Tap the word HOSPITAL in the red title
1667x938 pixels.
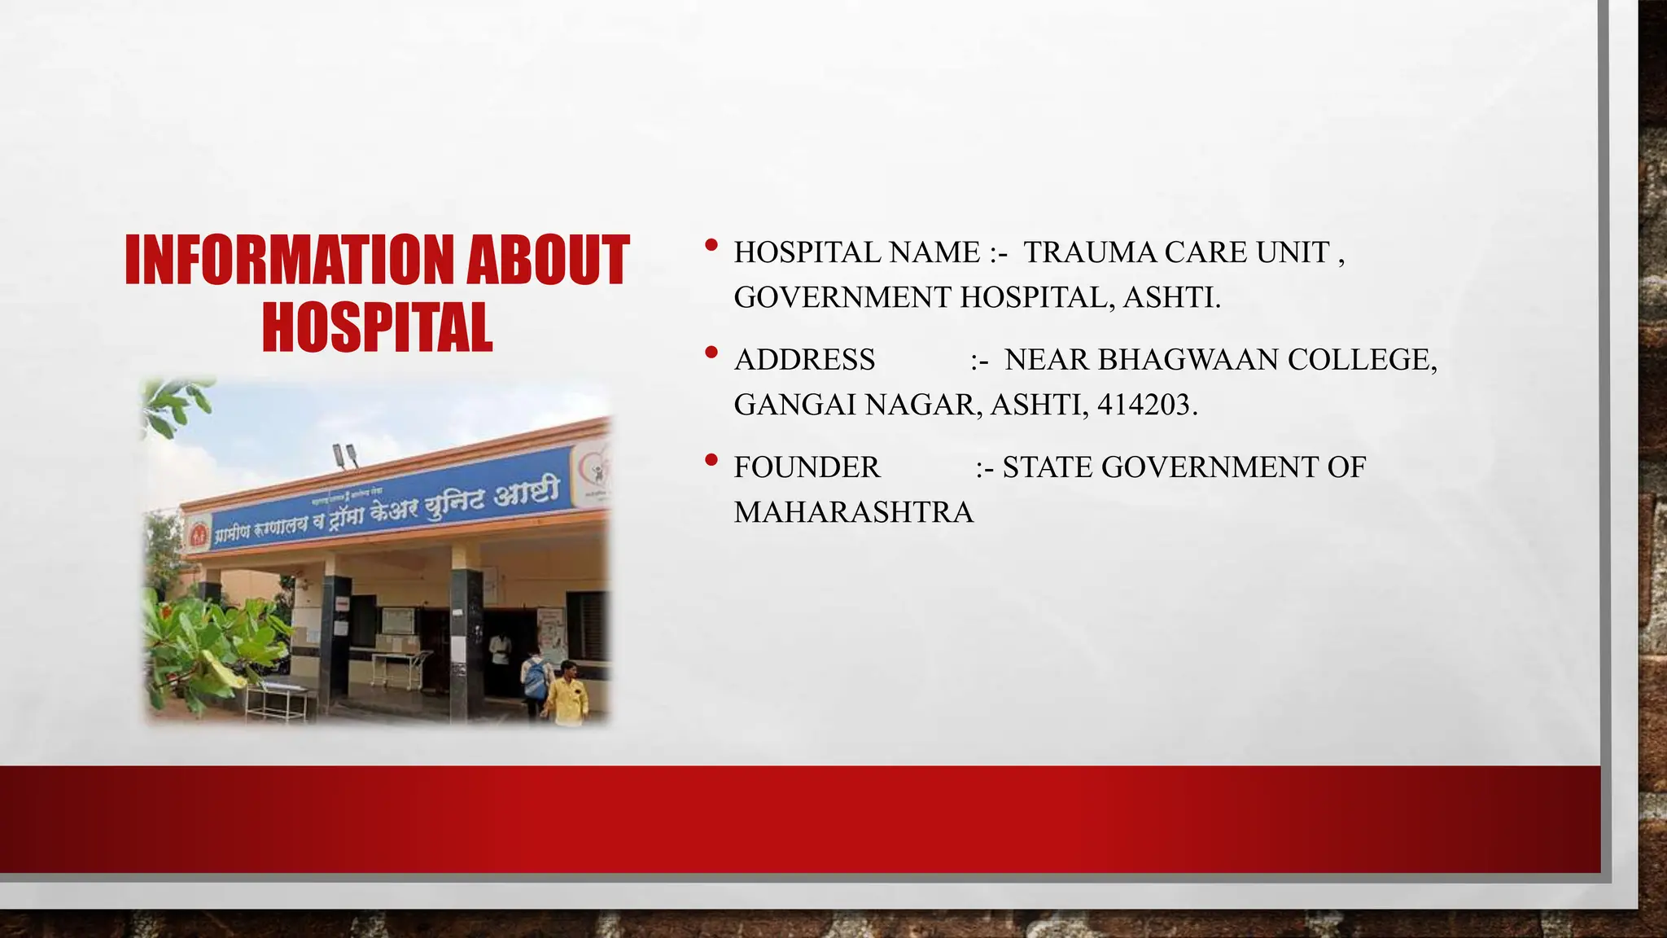pos(377,326)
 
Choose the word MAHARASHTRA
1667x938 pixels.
pos(853,512)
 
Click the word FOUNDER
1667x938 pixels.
pos(807,467)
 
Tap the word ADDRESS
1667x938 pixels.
pos(804,359)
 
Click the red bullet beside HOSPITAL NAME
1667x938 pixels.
pos(711,244)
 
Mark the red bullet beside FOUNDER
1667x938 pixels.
pos(711,460)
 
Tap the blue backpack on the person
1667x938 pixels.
pos(535,678)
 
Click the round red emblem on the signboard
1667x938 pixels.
pos(198,535)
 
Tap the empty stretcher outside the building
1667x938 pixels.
pos(277,699)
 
